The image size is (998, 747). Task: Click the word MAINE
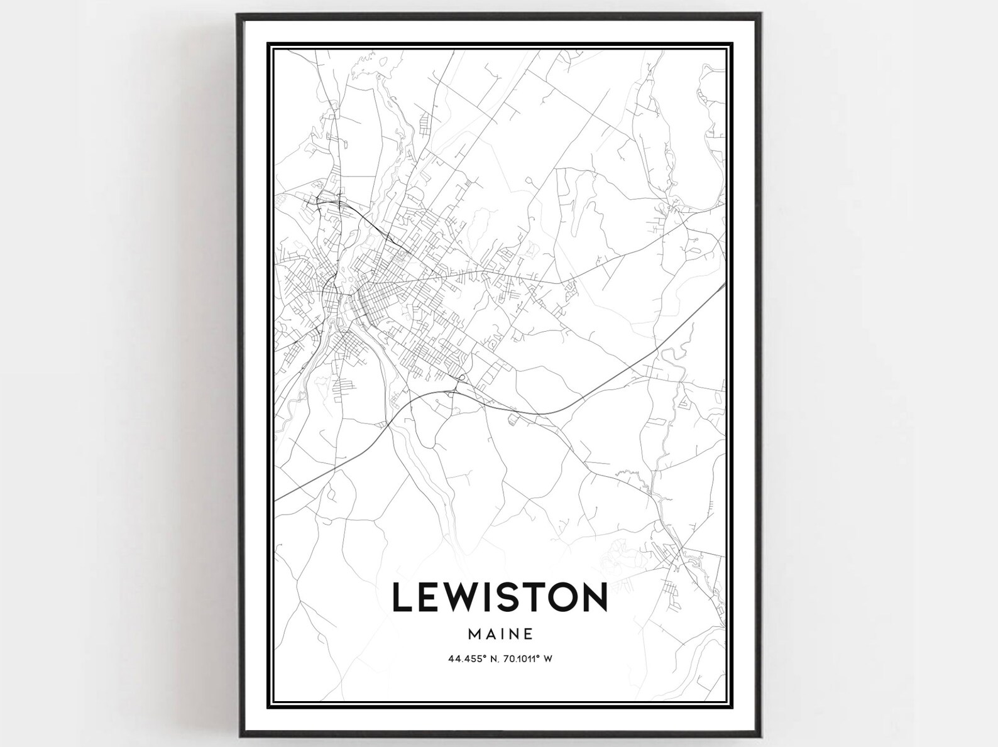(x=501, y=634)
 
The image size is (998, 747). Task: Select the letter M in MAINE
(x=474, y=634)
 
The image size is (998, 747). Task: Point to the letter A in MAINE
(x=490, y=634)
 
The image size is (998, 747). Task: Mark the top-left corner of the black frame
(x=238, y=14)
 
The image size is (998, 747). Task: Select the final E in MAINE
(x=529, y=634)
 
